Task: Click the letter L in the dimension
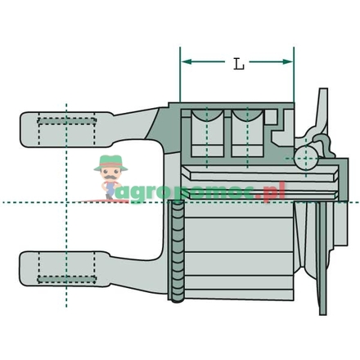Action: click(239, 64)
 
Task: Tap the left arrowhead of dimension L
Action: click(185, 61)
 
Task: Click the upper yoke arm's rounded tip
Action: click(25, 130)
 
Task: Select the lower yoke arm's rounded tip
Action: click(25, 271)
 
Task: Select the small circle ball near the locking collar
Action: click(307, 157)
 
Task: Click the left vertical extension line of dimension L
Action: click(180, 78)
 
